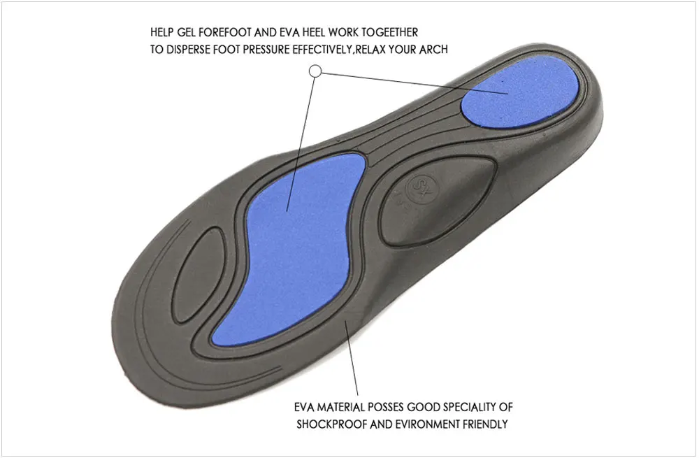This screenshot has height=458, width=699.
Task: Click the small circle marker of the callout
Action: [x=315, y=71]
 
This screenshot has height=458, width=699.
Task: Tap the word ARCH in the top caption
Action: [x=434, y=50]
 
